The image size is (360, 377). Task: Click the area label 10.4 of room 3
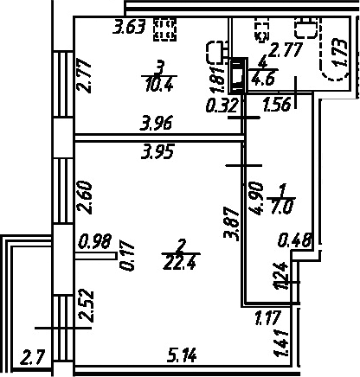[x=159, y=85]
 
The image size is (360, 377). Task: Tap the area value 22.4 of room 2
[x=181, y=262]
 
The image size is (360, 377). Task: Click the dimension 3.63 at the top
[x=129, y=28]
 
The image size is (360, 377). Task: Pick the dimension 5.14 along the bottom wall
[x=183, y=355]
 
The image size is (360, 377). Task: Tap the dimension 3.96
[x=156, y=123]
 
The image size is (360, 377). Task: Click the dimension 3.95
[x=157, y=151]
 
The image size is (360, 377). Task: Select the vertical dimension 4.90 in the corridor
[x=256, y=199]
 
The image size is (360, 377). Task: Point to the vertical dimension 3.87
[x=232, y=224]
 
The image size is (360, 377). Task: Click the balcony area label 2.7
[x=33, y=357]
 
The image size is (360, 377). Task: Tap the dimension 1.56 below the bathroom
[x=276, y=105]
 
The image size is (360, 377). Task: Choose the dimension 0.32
[x=222, y=105]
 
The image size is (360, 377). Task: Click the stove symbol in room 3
[x=165, y=29]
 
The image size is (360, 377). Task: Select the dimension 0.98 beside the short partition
[x=95, y=241]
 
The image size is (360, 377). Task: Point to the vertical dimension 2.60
[x=85, y=197]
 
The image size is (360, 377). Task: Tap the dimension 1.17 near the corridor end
[x=267, y=317]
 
